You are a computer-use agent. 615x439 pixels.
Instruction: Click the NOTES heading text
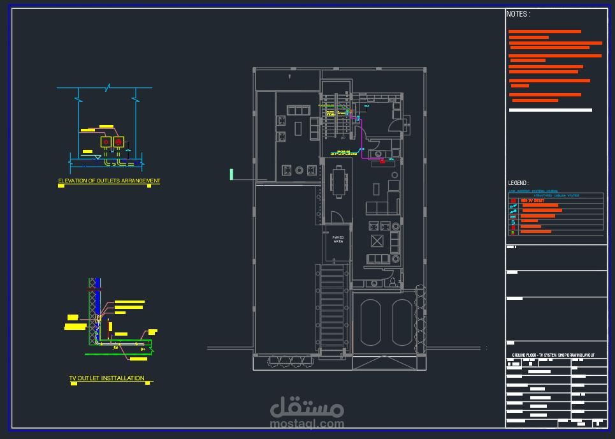pyautogui.click(x=518, y=14)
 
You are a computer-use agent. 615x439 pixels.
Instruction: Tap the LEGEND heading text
pyautogui.click(x=518, y=183)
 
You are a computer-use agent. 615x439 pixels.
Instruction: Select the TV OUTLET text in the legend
pyautogui.click(x=533, y=200)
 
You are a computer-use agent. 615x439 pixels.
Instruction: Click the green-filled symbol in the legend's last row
pyautogui.click(x=513, y=231)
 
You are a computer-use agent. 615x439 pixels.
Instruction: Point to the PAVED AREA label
pyautogui.click(x=338, y=239)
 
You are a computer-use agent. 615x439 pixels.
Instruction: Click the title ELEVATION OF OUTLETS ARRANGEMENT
pyautogui.click(x=109, y=181)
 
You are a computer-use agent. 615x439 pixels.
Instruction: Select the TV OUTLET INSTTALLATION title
pyautogui.click(x=106, y=378)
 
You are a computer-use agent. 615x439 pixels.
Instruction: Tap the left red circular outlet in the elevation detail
pyautogui.click(x=106, y=141)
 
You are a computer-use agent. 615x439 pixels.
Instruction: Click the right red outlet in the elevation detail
pyautogui.click(x=118, y=141)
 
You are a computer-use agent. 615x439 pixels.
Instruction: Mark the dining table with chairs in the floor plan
pyautogui.click(x=337, y=180)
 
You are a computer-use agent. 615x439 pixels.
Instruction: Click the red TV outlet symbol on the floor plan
pyautogui.click(x=382, y=160)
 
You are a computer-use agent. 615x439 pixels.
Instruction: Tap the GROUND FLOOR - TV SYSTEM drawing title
pyautogui.click(x=553, y=355)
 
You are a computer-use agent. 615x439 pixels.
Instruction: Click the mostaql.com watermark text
pyautogui.click(x=307, y=423)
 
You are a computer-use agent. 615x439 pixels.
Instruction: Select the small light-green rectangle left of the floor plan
pyautogui.click(x=231, y=174)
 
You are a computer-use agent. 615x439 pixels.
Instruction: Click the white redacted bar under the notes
pyautogui.click(x=551, y=110)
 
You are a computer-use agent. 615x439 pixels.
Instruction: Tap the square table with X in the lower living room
pyautogui.click(x=377, y=241)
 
